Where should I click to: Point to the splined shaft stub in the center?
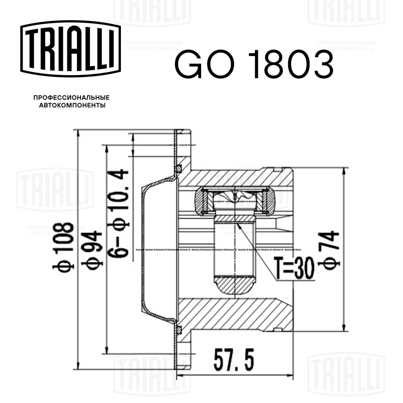234,250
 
